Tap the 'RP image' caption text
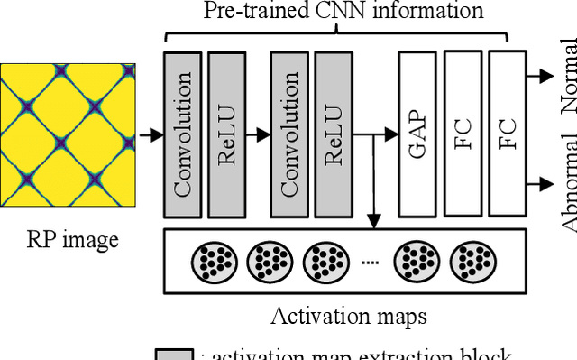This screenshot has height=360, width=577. [71, 240]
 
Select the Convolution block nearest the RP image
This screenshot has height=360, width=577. [183, 134]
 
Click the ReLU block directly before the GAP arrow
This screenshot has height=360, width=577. [333, 134]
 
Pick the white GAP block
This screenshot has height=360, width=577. [417, 134]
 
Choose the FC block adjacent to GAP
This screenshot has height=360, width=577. [463, 134]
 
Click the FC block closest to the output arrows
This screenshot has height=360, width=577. [507, 134]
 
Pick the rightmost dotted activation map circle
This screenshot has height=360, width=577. [472, 262]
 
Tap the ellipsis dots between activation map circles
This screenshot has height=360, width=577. [370, 263]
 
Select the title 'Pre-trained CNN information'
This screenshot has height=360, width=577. [343, 12]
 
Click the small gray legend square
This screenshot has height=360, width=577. [174, 354]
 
